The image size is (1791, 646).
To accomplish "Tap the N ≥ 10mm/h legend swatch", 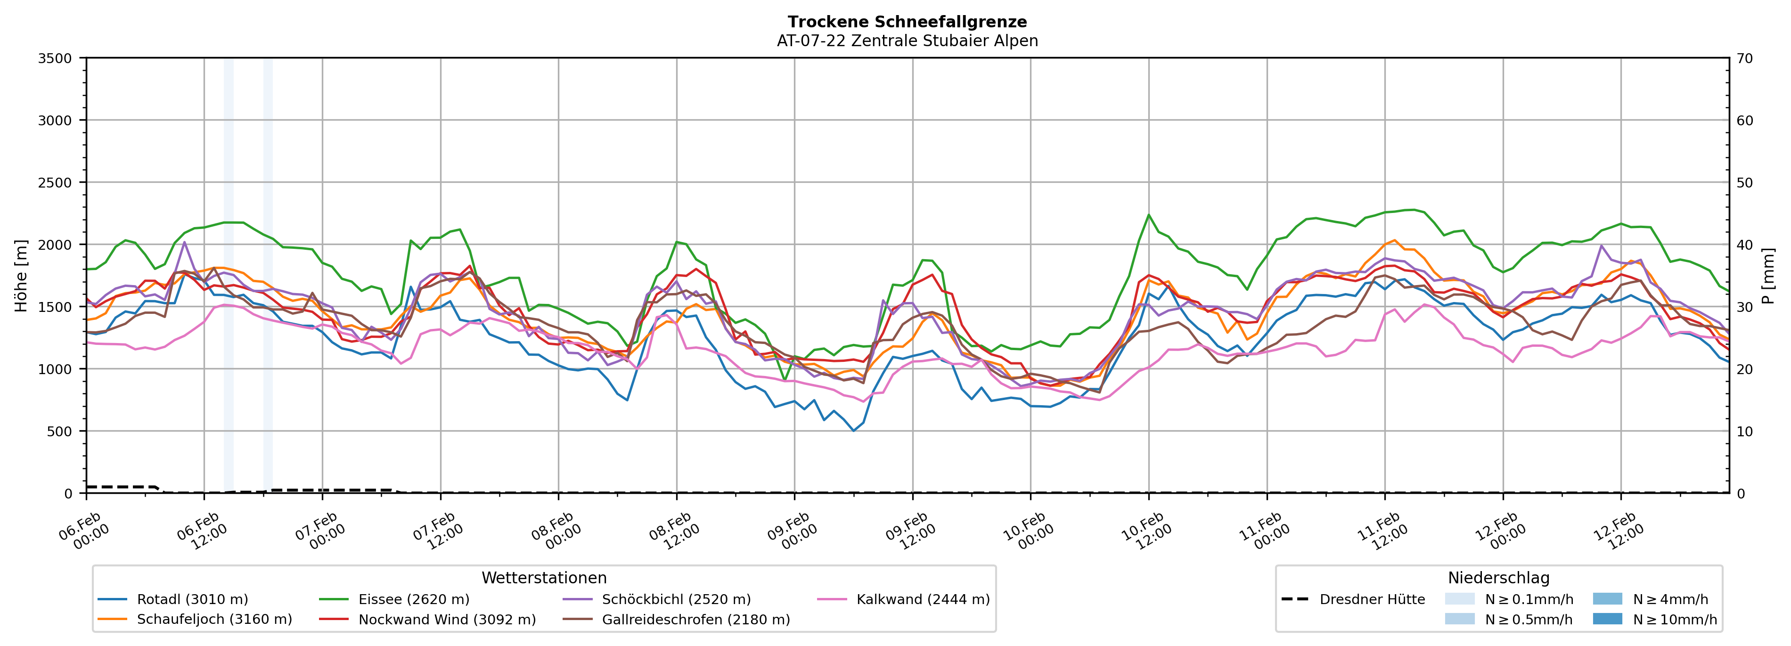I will click(1607, 619).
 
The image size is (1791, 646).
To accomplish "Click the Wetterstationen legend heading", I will click(544, 578).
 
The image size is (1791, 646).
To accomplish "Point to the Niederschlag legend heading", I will click(1498, 578).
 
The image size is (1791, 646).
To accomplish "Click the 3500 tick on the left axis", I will click(55, 58).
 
